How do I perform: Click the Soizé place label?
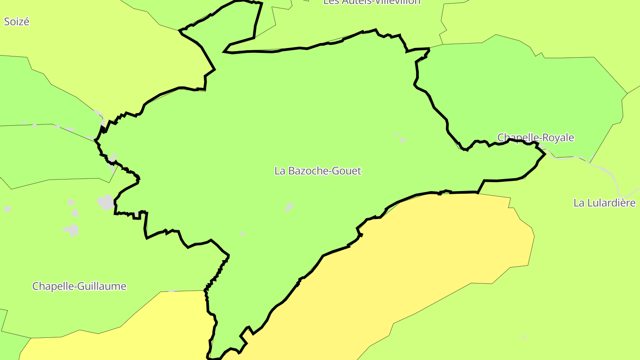(x=16, y=21)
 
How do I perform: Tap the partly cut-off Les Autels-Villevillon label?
(x=372, y=2)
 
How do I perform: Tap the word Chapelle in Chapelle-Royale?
(x=515, y=138)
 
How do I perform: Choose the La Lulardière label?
(x=604, y=203)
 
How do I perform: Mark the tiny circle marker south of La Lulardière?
(x=525, y=337)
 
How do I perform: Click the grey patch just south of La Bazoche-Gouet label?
(x=289, y=207)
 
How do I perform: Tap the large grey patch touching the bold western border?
(x=106, y=202)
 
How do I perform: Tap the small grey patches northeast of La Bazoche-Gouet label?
(x=399, y=137)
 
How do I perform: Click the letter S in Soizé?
(x=7, y=21)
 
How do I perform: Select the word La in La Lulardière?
(x=579, y=203)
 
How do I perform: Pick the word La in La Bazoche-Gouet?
(x=280, y=171)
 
